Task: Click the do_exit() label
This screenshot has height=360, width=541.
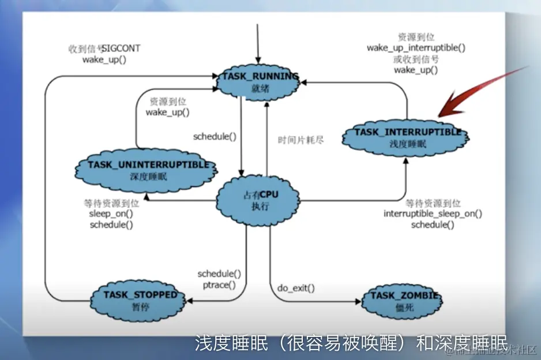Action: coord(296,287)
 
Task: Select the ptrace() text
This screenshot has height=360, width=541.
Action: coord(219,284)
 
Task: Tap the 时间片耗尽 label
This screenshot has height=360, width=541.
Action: coord(300,140)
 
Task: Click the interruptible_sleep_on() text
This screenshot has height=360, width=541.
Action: coord(433,213)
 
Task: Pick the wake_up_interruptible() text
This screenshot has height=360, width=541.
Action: coord(416,48)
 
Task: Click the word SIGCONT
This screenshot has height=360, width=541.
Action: coord(122,48)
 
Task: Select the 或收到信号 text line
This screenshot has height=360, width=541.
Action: coord(416,59)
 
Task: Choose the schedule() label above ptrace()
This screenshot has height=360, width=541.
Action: coord(219,273)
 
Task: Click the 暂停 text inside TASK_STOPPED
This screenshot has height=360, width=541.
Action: coord(140,306)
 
